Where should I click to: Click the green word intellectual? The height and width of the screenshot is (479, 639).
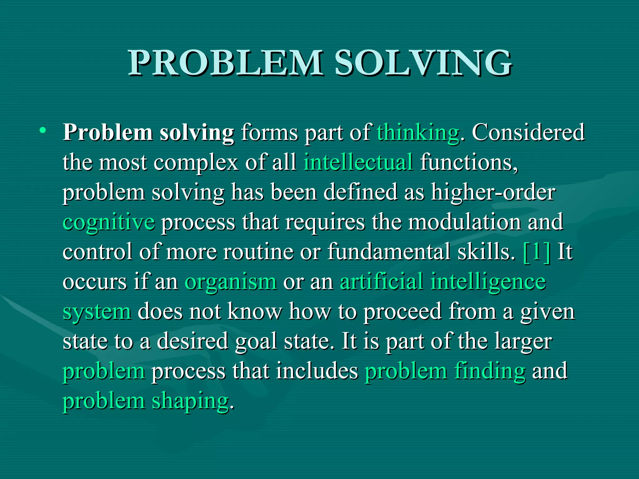click(x=358, y=162)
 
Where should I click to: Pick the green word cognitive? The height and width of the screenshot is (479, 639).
click(x=109, y=223)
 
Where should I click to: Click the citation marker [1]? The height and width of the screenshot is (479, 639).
click(x=536, y=252)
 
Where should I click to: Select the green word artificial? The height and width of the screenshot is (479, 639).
click(x=381, y=281)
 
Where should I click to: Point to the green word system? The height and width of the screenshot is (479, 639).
click(x=97, y=312)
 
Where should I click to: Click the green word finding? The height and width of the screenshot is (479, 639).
click(x=490, y=371)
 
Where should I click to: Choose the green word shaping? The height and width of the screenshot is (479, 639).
click(x=190, y=402)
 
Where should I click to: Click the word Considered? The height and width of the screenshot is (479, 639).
click(x=528, y=133)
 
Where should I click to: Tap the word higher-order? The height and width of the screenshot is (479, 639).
click(x=493, y=192)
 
